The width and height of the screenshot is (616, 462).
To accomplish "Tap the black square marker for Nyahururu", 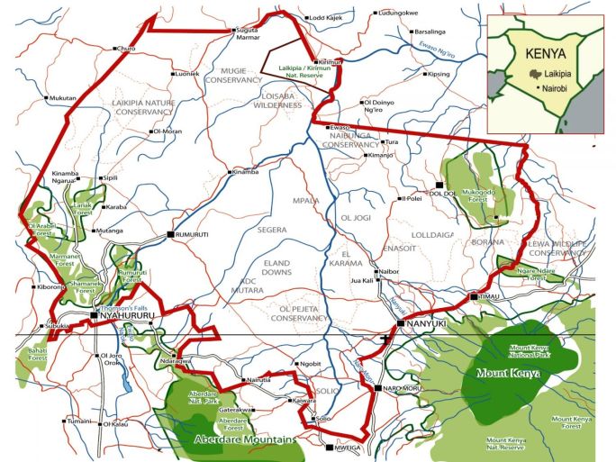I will [x=94, y=316].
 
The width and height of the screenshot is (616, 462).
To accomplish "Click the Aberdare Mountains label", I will [x=244, y=440].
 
